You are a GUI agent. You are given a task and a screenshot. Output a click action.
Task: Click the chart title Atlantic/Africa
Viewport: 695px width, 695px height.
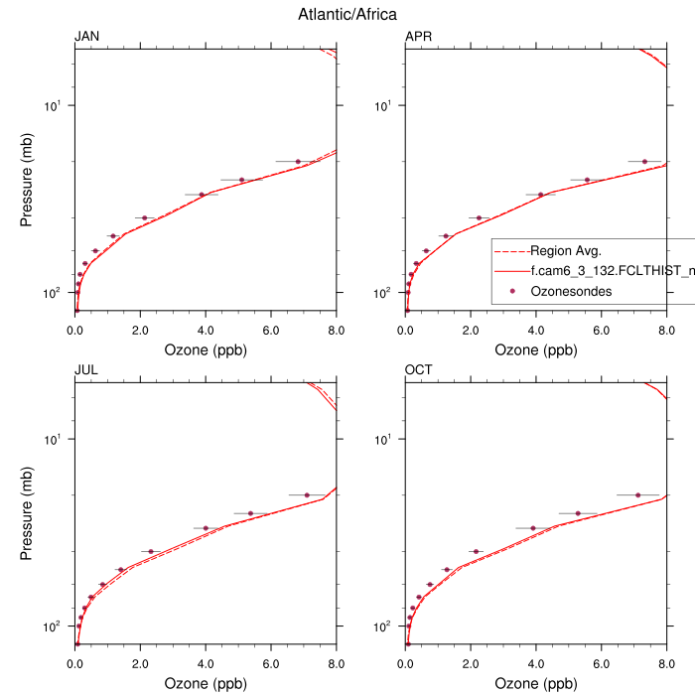[347, 14]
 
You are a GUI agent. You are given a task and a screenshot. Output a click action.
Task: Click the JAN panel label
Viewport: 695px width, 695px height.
[87, 38]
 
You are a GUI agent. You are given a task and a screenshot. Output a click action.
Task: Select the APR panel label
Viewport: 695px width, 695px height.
[418, 38]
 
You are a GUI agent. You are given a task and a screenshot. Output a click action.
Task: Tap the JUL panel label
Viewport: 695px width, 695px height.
[86, 370]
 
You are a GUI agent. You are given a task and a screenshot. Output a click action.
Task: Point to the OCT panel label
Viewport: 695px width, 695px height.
[418, 370]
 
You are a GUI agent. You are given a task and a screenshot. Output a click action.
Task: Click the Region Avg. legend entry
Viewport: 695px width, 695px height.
[566, 250]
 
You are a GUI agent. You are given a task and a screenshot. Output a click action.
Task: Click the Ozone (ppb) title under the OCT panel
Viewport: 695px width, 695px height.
[536, 684]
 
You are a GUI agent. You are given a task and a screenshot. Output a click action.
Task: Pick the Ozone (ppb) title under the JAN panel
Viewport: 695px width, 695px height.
[206, 350]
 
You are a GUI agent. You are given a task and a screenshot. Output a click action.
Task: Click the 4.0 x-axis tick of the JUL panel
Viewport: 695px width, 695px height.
[206, 663]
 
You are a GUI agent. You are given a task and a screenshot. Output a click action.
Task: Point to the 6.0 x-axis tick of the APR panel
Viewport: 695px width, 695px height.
[602, 330]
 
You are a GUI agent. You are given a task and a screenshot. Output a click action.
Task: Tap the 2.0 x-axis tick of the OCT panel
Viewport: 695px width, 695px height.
[471, 663]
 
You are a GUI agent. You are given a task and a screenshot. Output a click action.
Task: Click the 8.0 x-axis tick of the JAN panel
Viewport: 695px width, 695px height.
[337, 330]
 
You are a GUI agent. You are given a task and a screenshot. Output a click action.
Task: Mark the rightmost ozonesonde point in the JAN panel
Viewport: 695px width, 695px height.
[298, 161]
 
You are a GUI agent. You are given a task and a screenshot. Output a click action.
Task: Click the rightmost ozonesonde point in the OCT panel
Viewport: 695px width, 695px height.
[637, 494]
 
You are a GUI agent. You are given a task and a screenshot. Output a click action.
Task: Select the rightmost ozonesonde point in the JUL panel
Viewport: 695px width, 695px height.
[307, 494]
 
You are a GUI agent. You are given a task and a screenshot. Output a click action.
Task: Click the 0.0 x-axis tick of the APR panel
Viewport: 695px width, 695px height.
[405, 330]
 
